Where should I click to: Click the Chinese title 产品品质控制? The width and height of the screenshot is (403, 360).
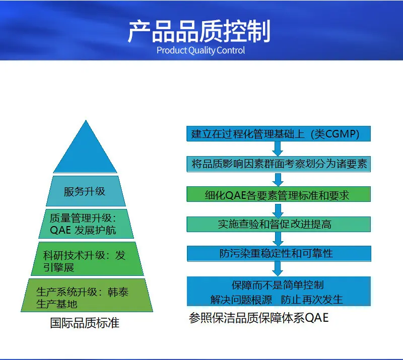[x=199, y=31]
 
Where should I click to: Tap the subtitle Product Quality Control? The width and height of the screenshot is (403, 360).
[x=200, y=50]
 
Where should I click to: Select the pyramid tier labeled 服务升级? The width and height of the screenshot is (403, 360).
[x=86, y=191]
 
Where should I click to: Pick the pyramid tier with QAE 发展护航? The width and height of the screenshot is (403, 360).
[x=86, y=224]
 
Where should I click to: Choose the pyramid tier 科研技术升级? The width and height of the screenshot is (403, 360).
[x=87, y=259]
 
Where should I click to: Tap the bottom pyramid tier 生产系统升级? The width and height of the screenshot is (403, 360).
[x=87, y=295]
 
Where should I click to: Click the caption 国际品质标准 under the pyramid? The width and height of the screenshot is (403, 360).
[x=85, y=323]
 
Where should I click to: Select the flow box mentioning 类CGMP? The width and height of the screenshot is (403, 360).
[x=279, y=133]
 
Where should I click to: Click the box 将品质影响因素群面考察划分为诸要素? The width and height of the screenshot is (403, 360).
[x=279, y=164]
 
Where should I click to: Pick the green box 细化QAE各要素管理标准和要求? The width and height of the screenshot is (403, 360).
[x=279, y=194]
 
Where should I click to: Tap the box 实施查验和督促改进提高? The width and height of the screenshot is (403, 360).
[x=279, y=225]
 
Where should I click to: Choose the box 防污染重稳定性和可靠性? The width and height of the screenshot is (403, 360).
[x=279, y=254]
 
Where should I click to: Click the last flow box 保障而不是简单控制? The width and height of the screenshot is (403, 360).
[x=279, y=292]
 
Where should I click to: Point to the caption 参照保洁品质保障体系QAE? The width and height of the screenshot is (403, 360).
[x=259, y=318]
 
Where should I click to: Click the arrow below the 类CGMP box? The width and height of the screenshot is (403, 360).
[x=278, y=149]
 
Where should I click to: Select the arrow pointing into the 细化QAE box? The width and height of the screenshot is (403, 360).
[x=278, y=179]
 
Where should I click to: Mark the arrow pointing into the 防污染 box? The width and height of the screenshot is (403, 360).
[x=278, y=239]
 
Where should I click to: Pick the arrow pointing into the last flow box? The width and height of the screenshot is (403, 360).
[x=278, y=269]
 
